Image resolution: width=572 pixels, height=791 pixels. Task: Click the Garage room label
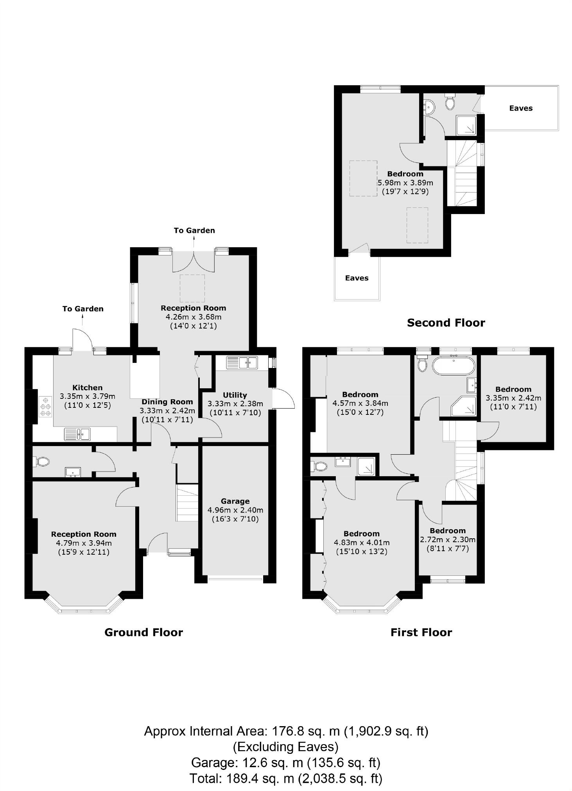click(x=235, y=501)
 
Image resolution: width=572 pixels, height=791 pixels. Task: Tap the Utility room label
click(x=235, y=395)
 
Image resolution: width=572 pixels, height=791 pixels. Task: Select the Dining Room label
click(x=167, y=402)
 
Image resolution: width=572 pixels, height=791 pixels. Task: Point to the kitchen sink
click(x=77, y=434)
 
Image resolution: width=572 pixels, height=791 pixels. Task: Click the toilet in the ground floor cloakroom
click(x=42, y=462)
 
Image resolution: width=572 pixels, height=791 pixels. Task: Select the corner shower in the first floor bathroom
click(x=464, y=406)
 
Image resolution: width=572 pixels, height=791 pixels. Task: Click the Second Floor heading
click(x=446, y=323)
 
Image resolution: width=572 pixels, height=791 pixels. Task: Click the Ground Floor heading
click(x=143, y=632)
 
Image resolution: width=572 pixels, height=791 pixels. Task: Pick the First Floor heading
click(x=421, y=632)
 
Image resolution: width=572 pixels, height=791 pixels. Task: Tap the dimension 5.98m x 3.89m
click(x=405, y=182)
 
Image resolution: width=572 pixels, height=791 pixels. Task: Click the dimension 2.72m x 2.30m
click(x=448, y=539)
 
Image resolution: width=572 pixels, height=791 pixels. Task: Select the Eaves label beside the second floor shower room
click(x=520, y=108)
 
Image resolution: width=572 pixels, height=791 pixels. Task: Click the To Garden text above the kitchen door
click(x=83, y=309)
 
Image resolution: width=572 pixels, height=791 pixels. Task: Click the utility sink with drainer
click(x=242, y=362)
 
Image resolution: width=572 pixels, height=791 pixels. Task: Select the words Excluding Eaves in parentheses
click(x=285, y=746)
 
